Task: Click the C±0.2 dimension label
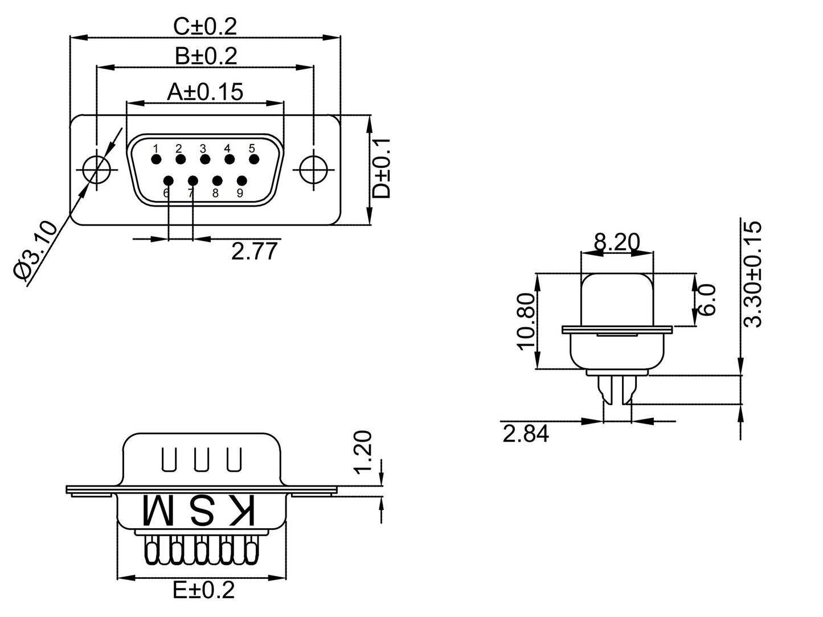pos(204,26)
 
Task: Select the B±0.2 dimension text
pos(206,56)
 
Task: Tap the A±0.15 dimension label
pos(205,92)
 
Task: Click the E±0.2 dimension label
pos(203,590)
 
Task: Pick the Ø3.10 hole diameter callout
pos(35,250)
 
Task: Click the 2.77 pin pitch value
pos(254,251)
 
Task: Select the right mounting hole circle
pos(313,169)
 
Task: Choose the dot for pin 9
pos(241,181)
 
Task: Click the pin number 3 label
pos(203,149)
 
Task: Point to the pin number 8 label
pos(215,193)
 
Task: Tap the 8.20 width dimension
pos(616,242)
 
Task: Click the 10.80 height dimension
pos(526,321)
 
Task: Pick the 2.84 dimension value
pos(525,434)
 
